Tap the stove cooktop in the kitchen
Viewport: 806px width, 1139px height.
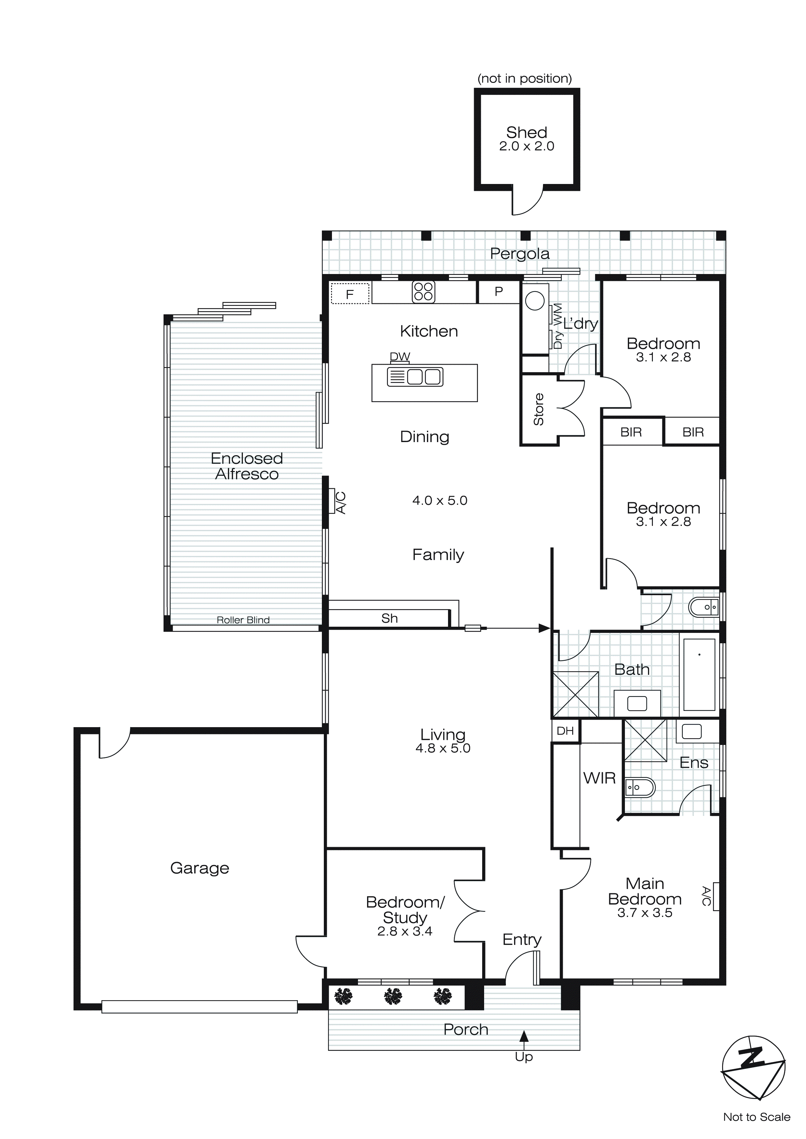pyautogui.click(x=423, y=292)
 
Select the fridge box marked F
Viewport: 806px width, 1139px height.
pyautogui.click(x=350, y=294)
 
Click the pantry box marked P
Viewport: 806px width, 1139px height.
pyautogui.click(x=499, y=292)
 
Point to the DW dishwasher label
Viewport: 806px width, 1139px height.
pyautogui.click(x=400, y=356)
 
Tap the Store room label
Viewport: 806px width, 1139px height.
pyautogui.click(x=538, y=409)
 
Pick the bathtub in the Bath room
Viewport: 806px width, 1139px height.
pyautogui.click(x=699, y=675)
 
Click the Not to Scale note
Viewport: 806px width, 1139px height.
pyautogui.click(x=756, y=1117)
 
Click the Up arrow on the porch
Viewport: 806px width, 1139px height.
pyautogui.click(x=523, y=1036)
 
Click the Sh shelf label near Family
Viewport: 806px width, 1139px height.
pyautogui.click(x=389, y=618)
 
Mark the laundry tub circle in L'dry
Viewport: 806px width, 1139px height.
pyautogui.click(x=535, y=301)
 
